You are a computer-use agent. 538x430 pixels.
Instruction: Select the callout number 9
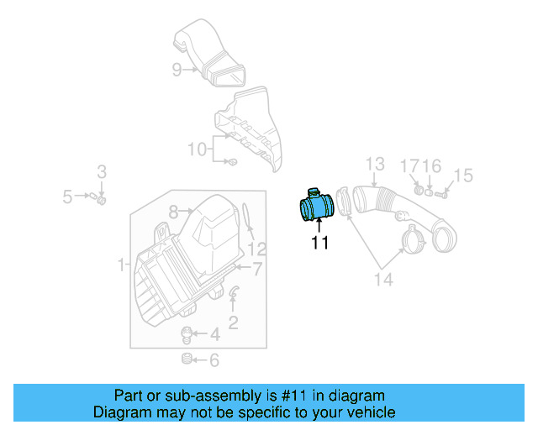(x=177, y=70)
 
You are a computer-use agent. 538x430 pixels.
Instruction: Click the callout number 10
(x=197, y=149)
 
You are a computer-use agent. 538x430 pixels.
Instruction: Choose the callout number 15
(x=463, y=176)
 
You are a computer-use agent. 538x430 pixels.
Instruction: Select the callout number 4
(x=214, y=334)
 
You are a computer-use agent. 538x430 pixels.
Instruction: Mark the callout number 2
(x=233, y=320)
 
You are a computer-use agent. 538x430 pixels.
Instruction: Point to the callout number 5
(x=67, y=197)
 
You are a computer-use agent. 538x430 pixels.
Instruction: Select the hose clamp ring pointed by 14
(x=412, y=240)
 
